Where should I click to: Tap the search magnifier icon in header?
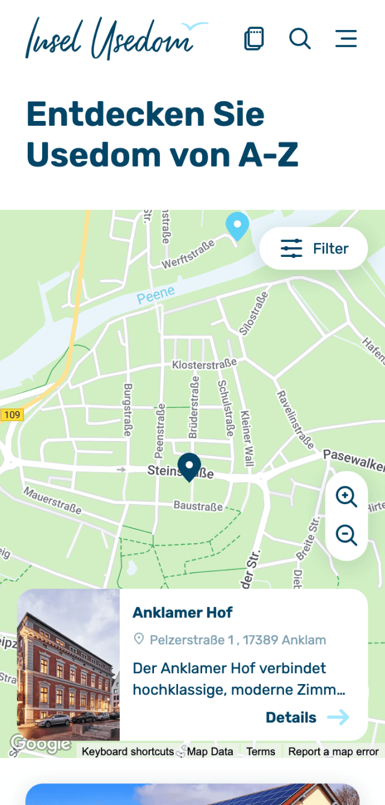click(300, 38)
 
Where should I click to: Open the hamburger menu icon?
click(346, 38)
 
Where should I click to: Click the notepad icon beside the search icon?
click(254, 38)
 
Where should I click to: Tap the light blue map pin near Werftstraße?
click(237, 226)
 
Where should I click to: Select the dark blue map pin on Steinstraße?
click(189, 466)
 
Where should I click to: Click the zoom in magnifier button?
click(346, 497)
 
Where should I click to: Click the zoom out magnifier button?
click(346, 535)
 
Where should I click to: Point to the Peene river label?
click(156, 295)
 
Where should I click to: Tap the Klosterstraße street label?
click(204, 364)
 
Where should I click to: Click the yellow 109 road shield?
click(11, 415)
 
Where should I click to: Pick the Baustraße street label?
click(198, 506)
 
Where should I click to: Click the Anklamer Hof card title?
click(182, 612)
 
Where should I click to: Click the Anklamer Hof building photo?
click(68, 665)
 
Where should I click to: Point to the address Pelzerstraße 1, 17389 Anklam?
click(238, 640)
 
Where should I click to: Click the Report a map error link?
click(333, 751)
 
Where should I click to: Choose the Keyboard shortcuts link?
click(128, 751)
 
